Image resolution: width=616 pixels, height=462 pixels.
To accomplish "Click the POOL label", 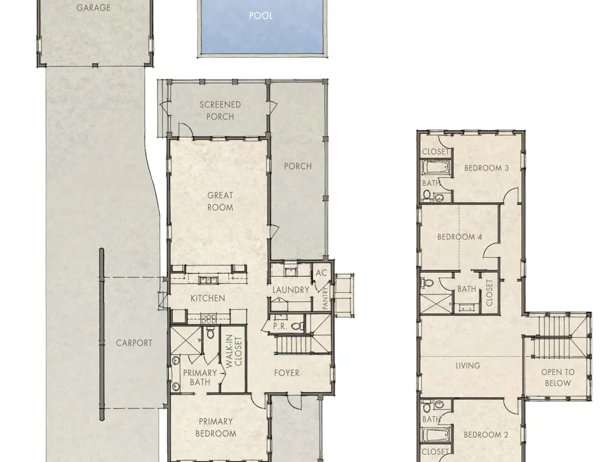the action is (261, 16).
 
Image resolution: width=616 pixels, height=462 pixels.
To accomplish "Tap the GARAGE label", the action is (94, 7).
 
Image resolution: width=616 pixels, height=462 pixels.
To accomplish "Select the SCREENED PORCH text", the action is (220, 110).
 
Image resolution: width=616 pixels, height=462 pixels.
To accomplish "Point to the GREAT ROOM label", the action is (220, 201).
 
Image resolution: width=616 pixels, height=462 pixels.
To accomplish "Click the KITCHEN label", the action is (208, 298).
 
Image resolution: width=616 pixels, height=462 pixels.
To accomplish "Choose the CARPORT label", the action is (134, 343).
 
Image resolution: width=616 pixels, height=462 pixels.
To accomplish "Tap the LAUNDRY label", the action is (291, 290).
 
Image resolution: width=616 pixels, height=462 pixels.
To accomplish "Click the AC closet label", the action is (322, 272).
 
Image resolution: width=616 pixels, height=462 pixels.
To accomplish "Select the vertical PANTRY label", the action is (325, 298).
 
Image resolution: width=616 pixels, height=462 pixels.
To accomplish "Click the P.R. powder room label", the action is (280, 326).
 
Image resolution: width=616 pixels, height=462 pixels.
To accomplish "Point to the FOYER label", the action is (286, 373).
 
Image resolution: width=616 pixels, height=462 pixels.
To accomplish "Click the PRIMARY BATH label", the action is (200, 377).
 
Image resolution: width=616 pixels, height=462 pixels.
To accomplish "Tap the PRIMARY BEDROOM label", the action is (216, 428).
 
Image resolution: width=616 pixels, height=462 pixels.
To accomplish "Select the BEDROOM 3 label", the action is (487, 168).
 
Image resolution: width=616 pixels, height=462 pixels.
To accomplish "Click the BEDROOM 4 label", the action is (460, 237).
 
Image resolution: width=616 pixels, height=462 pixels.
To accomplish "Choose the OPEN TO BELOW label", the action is (558, 378).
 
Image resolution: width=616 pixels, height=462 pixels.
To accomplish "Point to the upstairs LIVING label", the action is (468, 366).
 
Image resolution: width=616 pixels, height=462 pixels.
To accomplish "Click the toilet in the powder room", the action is (298, 326).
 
